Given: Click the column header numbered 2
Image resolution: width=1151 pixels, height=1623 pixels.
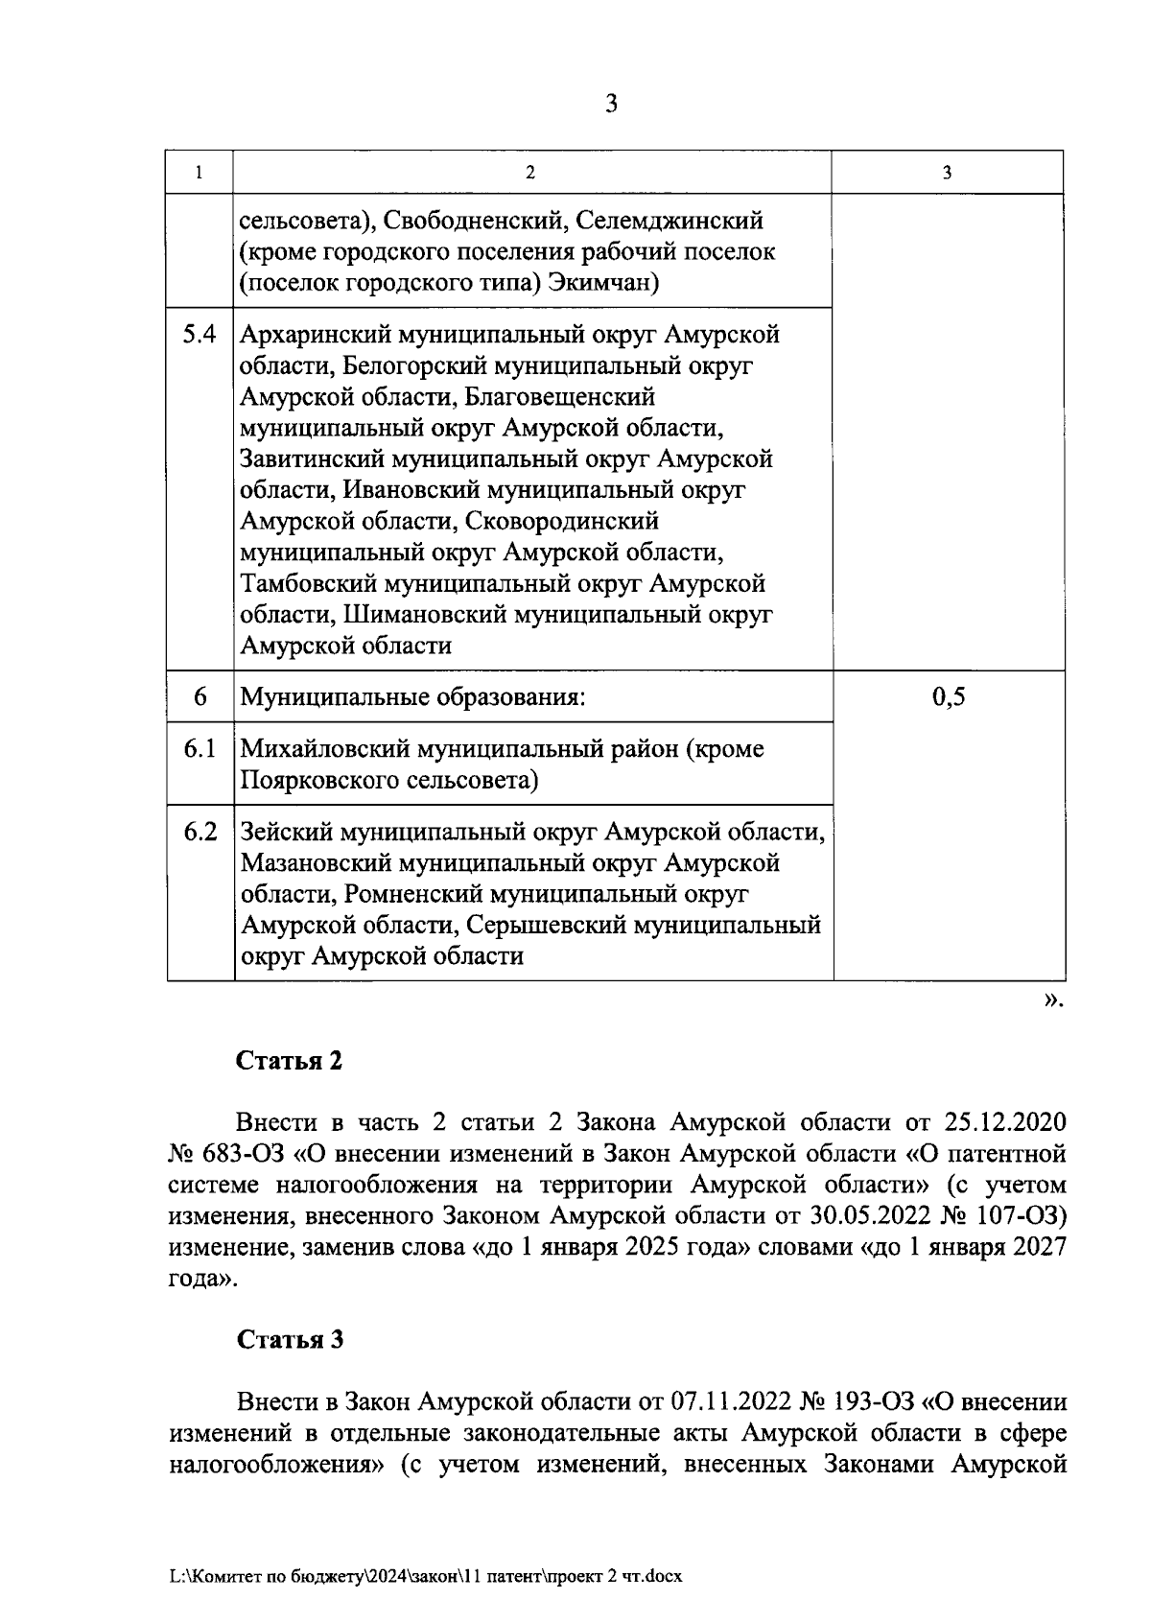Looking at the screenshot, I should click(x=530, y=173).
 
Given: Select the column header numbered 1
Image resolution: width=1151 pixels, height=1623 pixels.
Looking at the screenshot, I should click(x=200, y=173).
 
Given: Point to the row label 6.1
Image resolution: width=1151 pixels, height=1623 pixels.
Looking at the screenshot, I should click(x=200, y=748).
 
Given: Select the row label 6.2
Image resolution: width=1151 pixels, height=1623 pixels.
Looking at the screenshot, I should click(x=200, y=831).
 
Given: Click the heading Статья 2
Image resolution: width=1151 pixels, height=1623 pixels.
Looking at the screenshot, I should click(x=290, y=1061).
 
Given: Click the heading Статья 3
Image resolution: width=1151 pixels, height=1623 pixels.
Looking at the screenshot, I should click(x=290, y=1339).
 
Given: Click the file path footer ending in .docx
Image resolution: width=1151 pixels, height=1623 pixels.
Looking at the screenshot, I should click(x=425, y=1576).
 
